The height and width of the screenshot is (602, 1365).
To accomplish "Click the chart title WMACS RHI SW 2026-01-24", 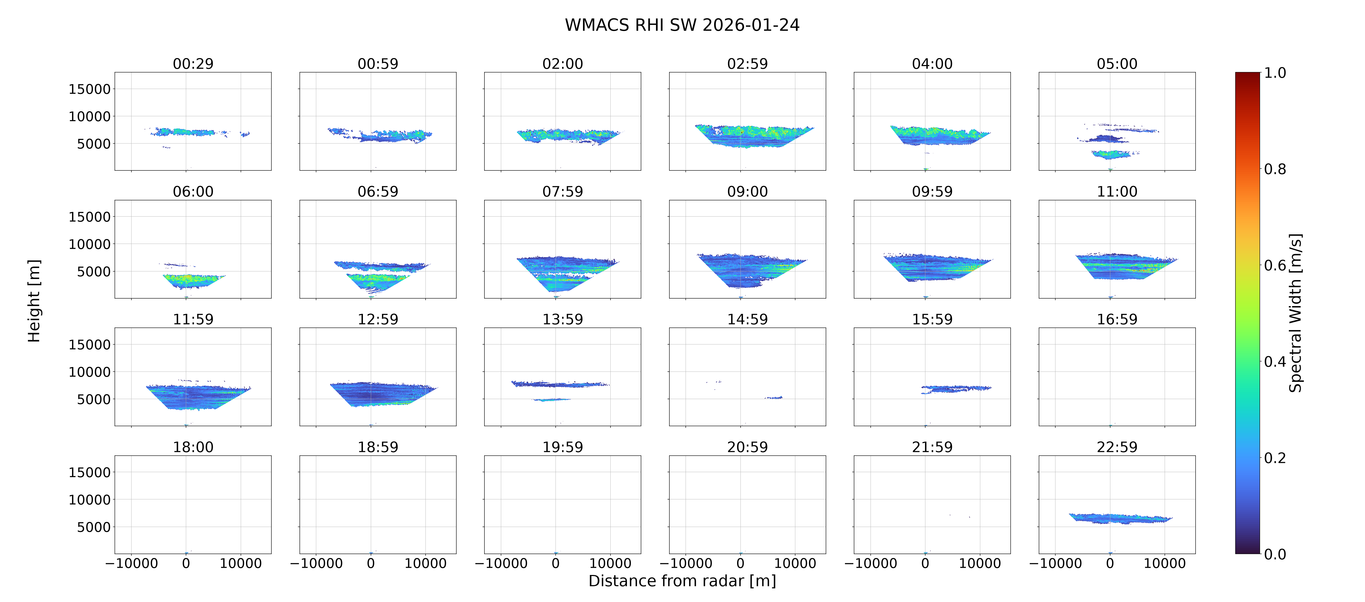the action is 682,25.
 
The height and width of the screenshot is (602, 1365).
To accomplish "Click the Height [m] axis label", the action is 34,301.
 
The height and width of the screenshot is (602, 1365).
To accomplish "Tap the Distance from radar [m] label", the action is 682,581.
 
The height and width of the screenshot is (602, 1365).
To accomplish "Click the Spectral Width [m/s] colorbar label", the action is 1295,313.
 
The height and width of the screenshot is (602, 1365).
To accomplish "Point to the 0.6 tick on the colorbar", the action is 1275,265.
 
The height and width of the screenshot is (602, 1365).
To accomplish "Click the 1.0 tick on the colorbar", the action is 1275,73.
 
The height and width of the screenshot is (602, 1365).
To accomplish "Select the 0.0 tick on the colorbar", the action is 1275,554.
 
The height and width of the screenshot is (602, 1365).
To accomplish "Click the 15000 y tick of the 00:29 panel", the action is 90,89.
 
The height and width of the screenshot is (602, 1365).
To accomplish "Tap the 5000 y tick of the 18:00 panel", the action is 94,527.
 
